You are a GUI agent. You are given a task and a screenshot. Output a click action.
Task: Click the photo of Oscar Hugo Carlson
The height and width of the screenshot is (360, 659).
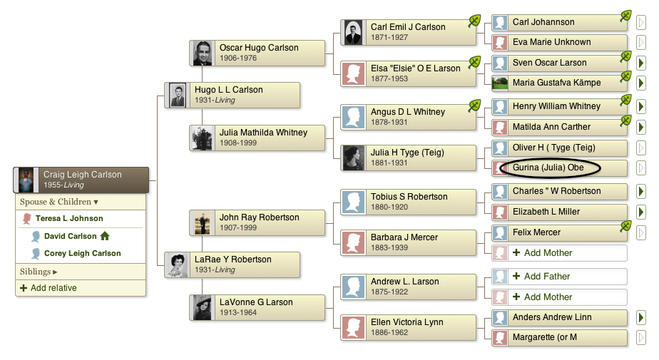(203, 53)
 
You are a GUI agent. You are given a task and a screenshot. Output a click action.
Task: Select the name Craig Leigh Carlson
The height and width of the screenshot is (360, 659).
(83, 175)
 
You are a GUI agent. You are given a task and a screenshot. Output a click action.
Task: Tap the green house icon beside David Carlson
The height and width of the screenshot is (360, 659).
(105, 236)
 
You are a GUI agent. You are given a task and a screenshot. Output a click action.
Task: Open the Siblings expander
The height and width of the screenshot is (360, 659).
(39, 272)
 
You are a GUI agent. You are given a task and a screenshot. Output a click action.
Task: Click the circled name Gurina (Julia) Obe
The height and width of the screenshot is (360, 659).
(548, 168)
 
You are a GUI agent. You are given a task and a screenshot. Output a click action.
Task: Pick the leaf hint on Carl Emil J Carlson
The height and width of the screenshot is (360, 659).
(474, 21)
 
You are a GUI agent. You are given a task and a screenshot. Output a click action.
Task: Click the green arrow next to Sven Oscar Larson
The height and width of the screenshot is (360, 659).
(640, 63)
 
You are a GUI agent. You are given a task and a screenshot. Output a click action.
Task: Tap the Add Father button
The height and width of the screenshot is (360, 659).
(547, 276)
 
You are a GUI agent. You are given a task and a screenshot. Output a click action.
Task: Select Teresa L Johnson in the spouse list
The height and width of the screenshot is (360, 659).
(69, 218)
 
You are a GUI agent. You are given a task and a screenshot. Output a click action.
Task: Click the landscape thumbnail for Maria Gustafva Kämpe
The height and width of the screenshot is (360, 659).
(500, 83)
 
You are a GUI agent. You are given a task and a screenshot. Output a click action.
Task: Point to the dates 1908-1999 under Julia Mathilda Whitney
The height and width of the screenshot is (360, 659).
(238, 143)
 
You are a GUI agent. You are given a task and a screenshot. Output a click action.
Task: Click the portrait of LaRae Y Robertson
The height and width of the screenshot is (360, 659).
(178, 265)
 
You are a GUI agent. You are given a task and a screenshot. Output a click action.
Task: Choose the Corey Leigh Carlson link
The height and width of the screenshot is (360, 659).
(83, 253)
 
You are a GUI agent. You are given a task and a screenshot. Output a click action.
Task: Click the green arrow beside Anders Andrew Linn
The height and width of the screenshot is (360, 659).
(640, 317)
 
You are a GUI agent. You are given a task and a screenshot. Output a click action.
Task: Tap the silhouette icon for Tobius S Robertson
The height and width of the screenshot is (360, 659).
(353, 202)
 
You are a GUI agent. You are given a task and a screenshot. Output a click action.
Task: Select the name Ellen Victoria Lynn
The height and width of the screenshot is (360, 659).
(407, 322)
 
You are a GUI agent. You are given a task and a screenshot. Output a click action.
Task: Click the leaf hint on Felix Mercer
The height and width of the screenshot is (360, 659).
(625, 226)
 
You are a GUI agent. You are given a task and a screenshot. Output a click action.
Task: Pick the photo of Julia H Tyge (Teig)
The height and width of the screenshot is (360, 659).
(353, 158)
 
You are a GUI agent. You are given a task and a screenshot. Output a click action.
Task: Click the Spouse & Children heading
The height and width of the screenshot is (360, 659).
(58, 202)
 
